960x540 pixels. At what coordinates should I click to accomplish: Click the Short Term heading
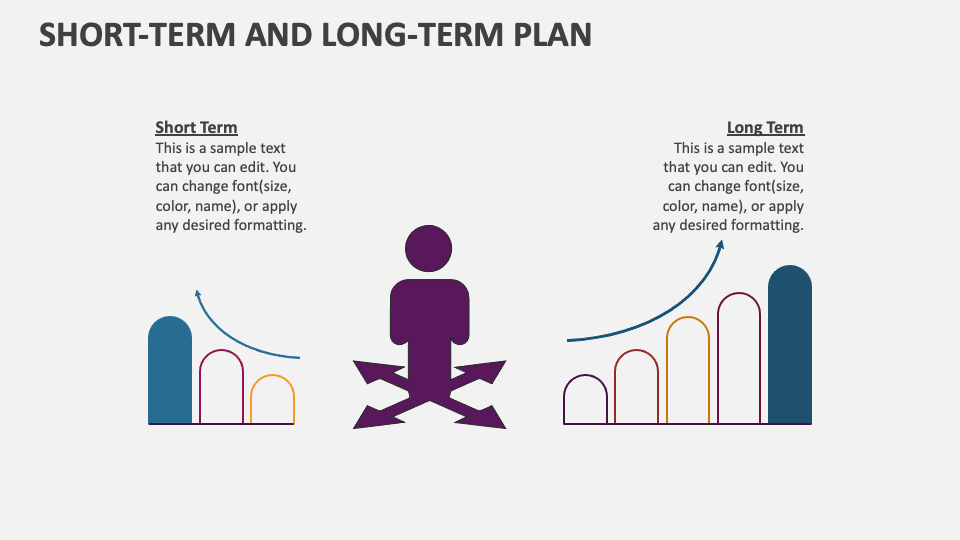[x=196, y=127]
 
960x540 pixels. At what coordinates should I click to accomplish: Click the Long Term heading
[x=765, y=127]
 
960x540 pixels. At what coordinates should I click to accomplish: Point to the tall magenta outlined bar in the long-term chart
[x=739, y=359]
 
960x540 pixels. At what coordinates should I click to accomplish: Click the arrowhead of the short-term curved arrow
[x=198, y=294]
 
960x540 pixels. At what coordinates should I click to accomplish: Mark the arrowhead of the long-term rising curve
[x=720, y=246]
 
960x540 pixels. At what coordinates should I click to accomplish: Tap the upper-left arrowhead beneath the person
[x=366, y=371]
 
